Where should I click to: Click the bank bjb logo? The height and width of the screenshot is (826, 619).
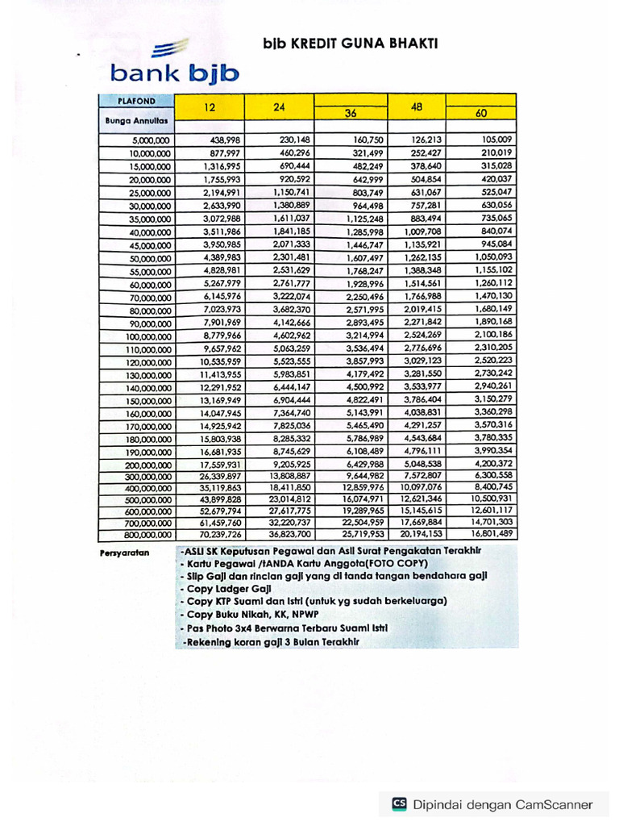coord(174,65)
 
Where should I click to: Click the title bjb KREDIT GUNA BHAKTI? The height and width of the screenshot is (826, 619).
coord(350,44)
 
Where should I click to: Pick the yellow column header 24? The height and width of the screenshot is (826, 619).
coord(279,107)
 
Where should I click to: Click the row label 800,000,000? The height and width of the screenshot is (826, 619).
coord(144,534)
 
